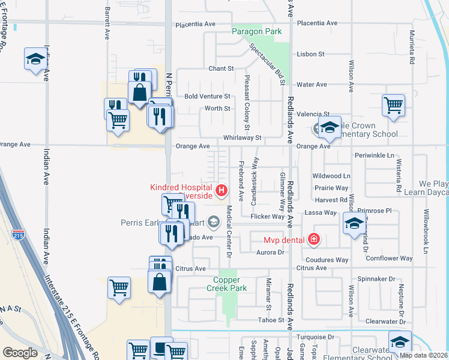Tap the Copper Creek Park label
pyautogui.click(x=230, y=284)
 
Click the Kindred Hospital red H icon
pyautogui.click(x=221, y=191)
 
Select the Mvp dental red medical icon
pyautogui.click(x=313, y=239)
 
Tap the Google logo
pyautogui.click(x=20, y=353)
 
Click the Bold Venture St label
pyautogui.click(x=207, y=96)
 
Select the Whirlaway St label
pyautogui.click(x=243, y=138)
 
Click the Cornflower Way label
pyautogui.click(x=389, y=259)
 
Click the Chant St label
pyautogui.click(x=221, y=69)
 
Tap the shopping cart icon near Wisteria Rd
pyautogui.click(x=393, y=106)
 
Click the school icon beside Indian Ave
pyautogui.click(x=35, y=59)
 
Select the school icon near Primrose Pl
pyautogui.click(x=354, y=224)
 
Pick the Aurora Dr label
pyautogui.click(x=270, y=253)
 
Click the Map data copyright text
pyautogui.click(x=423, y=355)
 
